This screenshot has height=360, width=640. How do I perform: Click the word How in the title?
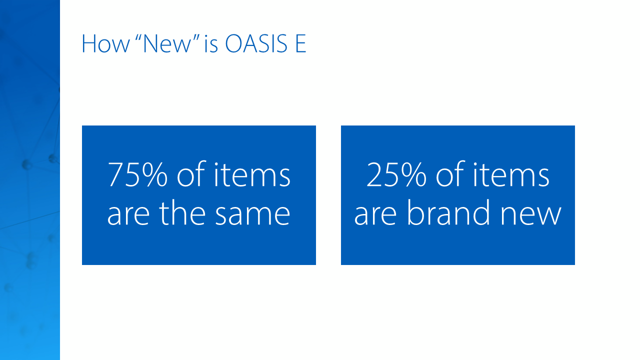click(x=105, y=43)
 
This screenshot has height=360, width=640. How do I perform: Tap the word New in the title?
click(x=167, y=43)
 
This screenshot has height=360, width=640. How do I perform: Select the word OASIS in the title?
click(x=256, y=43)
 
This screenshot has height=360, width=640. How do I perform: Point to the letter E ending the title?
click(x=301, y=43)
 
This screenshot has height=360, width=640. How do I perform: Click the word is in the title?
click(x=211, y=43)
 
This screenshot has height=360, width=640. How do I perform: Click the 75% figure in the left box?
click(x=137, y=174)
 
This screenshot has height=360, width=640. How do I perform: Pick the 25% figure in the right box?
click(x=396, y=174)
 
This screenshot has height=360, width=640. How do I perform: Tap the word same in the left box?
click(x=252, y=213)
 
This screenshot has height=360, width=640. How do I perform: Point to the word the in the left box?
click(x=182, y=212)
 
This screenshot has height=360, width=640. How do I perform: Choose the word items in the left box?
click(x=252, y=174)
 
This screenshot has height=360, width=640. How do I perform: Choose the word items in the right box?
click(x=511, y=174)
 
